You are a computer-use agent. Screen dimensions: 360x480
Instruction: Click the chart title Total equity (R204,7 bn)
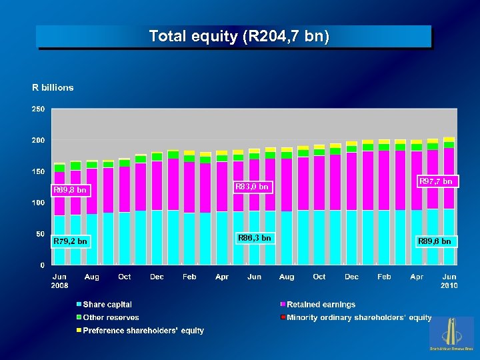(239, 36)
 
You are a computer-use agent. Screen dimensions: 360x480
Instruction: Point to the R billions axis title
(53, 87)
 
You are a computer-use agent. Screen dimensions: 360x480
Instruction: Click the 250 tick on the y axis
(39, 109)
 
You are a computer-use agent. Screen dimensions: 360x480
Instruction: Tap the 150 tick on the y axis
(39, 171)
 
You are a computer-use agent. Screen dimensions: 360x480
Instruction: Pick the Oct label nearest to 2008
(124, 277)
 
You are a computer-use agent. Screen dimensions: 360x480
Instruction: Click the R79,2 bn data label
(70, 241)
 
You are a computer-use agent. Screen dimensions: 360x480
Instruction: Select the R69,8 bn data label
(70, 190)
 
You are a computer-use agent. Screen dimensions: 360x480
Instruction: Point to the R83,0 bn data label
(252, 187)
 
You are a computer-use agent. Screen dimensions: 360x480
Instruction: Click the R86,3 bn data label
(255, 237)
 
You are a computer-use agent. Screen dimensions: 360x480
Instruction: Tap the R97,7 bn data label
(435, 181)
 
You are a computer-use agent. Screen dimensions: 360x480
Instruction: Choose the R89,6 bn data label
(435, 241)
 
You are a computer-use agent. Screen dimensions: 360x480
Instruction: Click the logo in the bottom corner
(451, 333)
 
